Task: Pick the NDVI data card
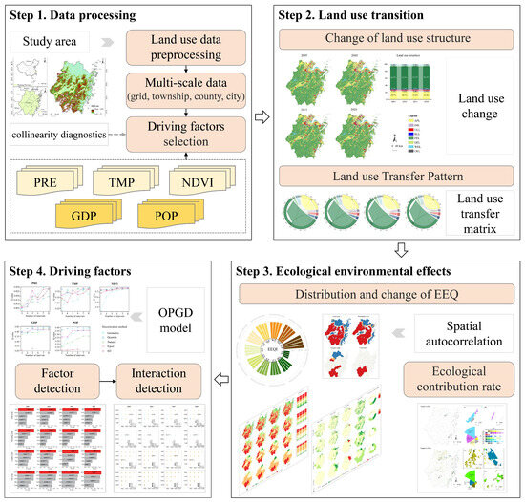pos(202,181)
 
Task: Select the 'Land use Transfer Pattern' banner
pos(394,175)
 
